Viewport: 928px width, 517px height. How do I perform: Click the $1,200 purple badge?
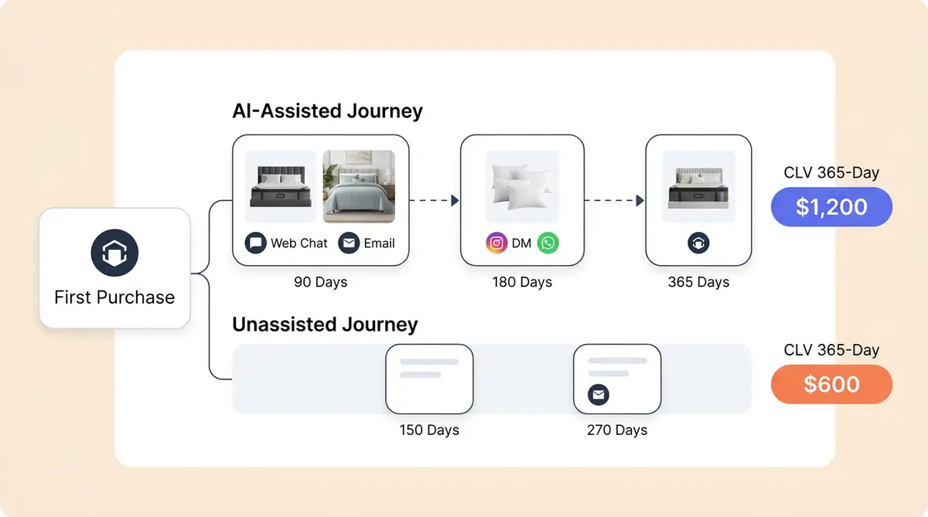coord(831,207)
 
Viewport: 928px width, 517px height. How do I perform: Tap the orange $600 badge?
coord(831,385)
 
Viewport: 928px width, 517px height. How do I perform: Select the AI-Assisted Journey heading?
coord(327,111)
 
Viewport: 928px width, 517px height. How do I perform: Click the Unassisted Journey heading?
coord(325,325)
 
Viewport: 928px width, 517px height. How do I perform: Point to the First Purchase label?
coord(114,298)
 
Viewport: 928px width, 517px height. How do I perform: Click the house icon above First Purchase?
coord(114,253)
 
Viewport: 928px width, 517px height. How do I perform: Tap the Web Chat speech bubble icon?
coord(255,243)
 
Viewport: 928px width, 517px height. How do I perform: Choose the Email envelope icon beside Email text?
coord(350,243)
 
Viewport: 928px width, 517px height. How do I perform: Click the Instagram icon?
coord(496,243)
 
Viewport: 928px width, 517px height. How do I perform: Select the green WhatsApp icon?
coord(548,243)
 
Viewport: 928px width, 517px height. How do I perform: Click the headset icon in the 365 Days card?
coord(698,243)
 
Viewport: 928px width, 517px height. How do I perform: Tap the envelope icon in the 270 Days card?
coord(599,395)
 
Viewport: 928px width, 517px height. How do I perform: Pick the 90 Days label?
coord(320,282)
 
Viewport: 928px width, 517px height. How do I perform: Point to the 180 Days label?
coord(522,282)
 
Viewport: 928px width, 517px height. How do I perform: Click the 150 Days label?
coord(429,430)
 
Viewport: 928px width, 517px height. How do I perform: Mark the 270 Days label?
coord(617,430)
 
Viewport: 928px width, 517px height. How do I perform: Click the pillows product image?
coord(522,187)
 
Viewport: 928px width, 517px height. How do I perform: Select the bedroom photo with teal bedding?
coord(358,186)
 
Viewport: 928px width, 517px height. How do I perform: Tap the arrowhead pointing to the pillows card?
coord(455,201)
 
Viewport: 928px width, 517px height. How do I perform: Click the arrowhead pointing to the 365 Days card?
coord(640,201)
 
